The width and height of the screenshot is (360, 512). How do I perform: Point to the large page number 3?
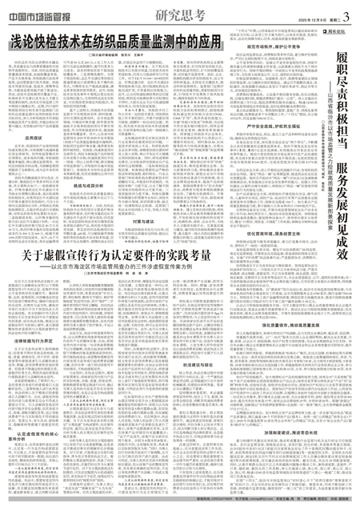348,10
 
